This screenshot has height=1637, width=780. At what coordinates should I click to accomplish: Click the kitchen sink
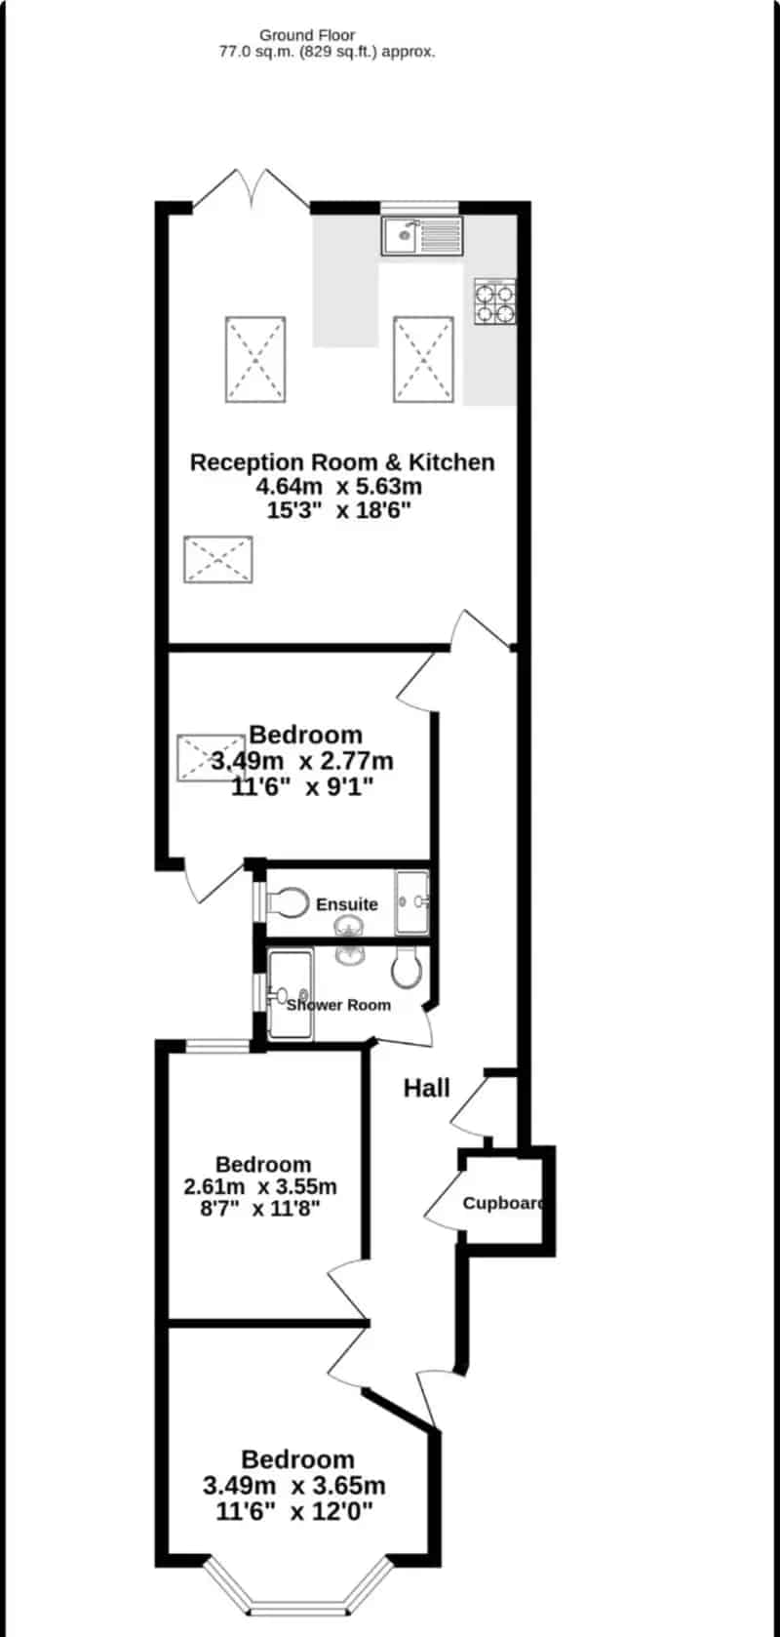(x=421, y=235)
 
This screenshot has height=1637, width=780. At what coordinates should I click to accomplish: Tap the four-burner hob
(x=495, y=301)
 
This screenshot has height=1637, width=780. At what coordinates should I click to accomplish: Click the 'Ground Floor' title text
(x=307, y=35)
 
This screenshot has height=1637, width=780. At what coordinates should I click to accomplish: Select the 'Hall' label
(x=426, y=1088)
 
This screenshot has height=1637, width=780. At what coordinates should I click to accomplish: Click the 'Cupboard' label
(x=504, y=1203)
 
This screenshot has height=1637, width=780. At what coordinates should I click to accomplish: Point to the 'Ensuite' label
(x=347, y=904)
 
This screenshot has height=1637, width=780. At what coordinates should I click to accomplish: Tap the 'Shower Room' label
(x=339, y=1005)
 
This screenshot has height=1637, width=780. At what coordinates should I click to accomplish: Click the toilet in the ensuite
(x=287, y=902)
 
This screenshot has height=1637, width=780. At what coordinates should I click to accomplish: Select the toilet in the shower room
(x=407, y=968)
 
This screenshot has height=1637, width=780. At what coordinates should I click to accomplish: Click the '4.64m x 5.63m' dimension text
(x=339, y=486)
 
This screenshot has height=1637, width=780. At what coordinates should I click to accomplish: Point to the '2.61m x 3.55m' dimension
(x=260, y=1185)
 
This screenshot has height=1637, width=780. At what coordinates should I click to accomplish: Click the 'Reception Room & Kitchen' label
(x=342, y=461)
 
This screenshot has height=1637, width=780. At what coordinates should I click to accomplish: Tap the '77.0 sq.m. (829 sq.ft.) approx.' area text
(x=328, y=52)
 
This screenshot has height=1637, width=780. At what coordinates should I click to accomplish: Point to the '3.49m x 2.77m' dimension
(x=302, y=761)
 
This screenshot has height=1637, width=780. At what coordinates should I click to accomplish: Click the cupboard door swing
(x=444, y=1202)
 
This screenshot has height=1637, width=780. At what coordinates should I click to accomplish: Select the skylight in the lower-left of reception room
(x=218, y=559)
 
